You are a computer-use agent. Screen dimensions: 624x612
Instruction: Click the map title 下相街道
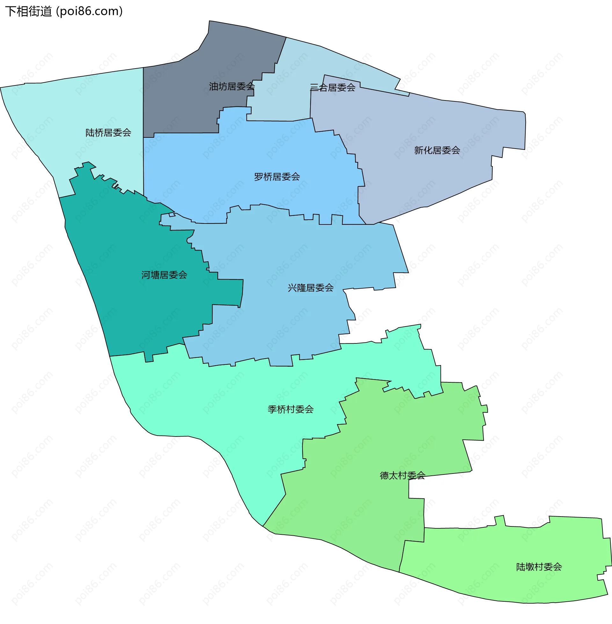pyautogui.click(x=28, y=11)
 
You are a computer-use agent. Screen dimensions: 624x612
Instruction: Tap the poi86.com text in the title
pyautogui.click(x=89, y=11)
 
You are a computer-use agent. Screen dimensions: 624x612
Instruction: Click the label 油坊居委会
pyautogui.click(x=231, y=86)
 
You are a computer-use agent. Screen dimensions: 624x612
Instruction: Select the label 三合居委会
pyautogui.click(x=332, y=87)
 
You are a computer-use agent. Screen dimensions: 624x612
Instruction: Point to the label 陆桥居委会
pyautogui.click(x=108, y=133)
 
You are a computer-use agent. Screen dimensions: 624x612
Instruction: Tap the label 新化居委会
pyautogui.click(x=437, y=150)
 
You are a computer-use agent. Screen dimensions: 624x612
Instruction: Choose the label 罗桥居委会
pyautogui.click(x=277, y=177)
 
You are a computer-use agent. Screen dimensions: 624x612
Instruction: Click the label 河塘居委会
pyautogui.click(x=164, y=275)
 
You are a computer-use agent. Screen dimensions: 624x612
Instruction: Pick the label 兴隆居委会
pyautogui.click(x=310, y=288)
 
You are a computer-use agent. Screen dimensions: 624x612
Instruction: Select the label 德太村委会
pyautogui.click(x=403, y=476)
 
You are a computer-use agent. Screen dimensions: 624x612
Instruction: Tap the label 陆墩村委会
pyautogui.click(x=539, y=567)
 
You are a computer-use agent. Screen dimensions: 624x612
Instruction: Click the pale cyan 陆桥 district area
pyautogui.click(x=80, y=106)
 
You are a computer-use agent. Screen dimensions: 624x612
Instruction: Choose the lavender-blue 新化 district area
pyautogui.click(x=418, y=180)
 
